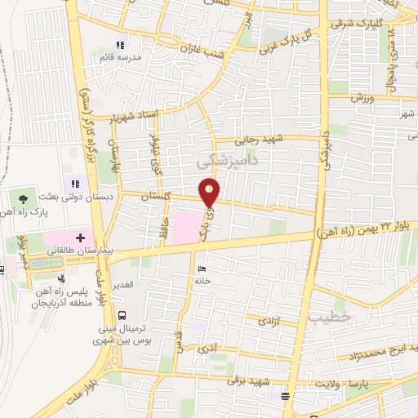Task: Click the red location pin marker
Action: (x=211, y=192)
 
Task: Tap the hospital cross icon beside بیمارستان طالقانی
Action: (x=79, y=237)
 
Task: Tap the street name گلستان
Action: (x=157, y=197)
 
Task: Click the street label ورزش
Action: (x=362, y=97)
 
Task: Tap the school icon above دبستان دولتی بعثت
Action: (x=74, y=185)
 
